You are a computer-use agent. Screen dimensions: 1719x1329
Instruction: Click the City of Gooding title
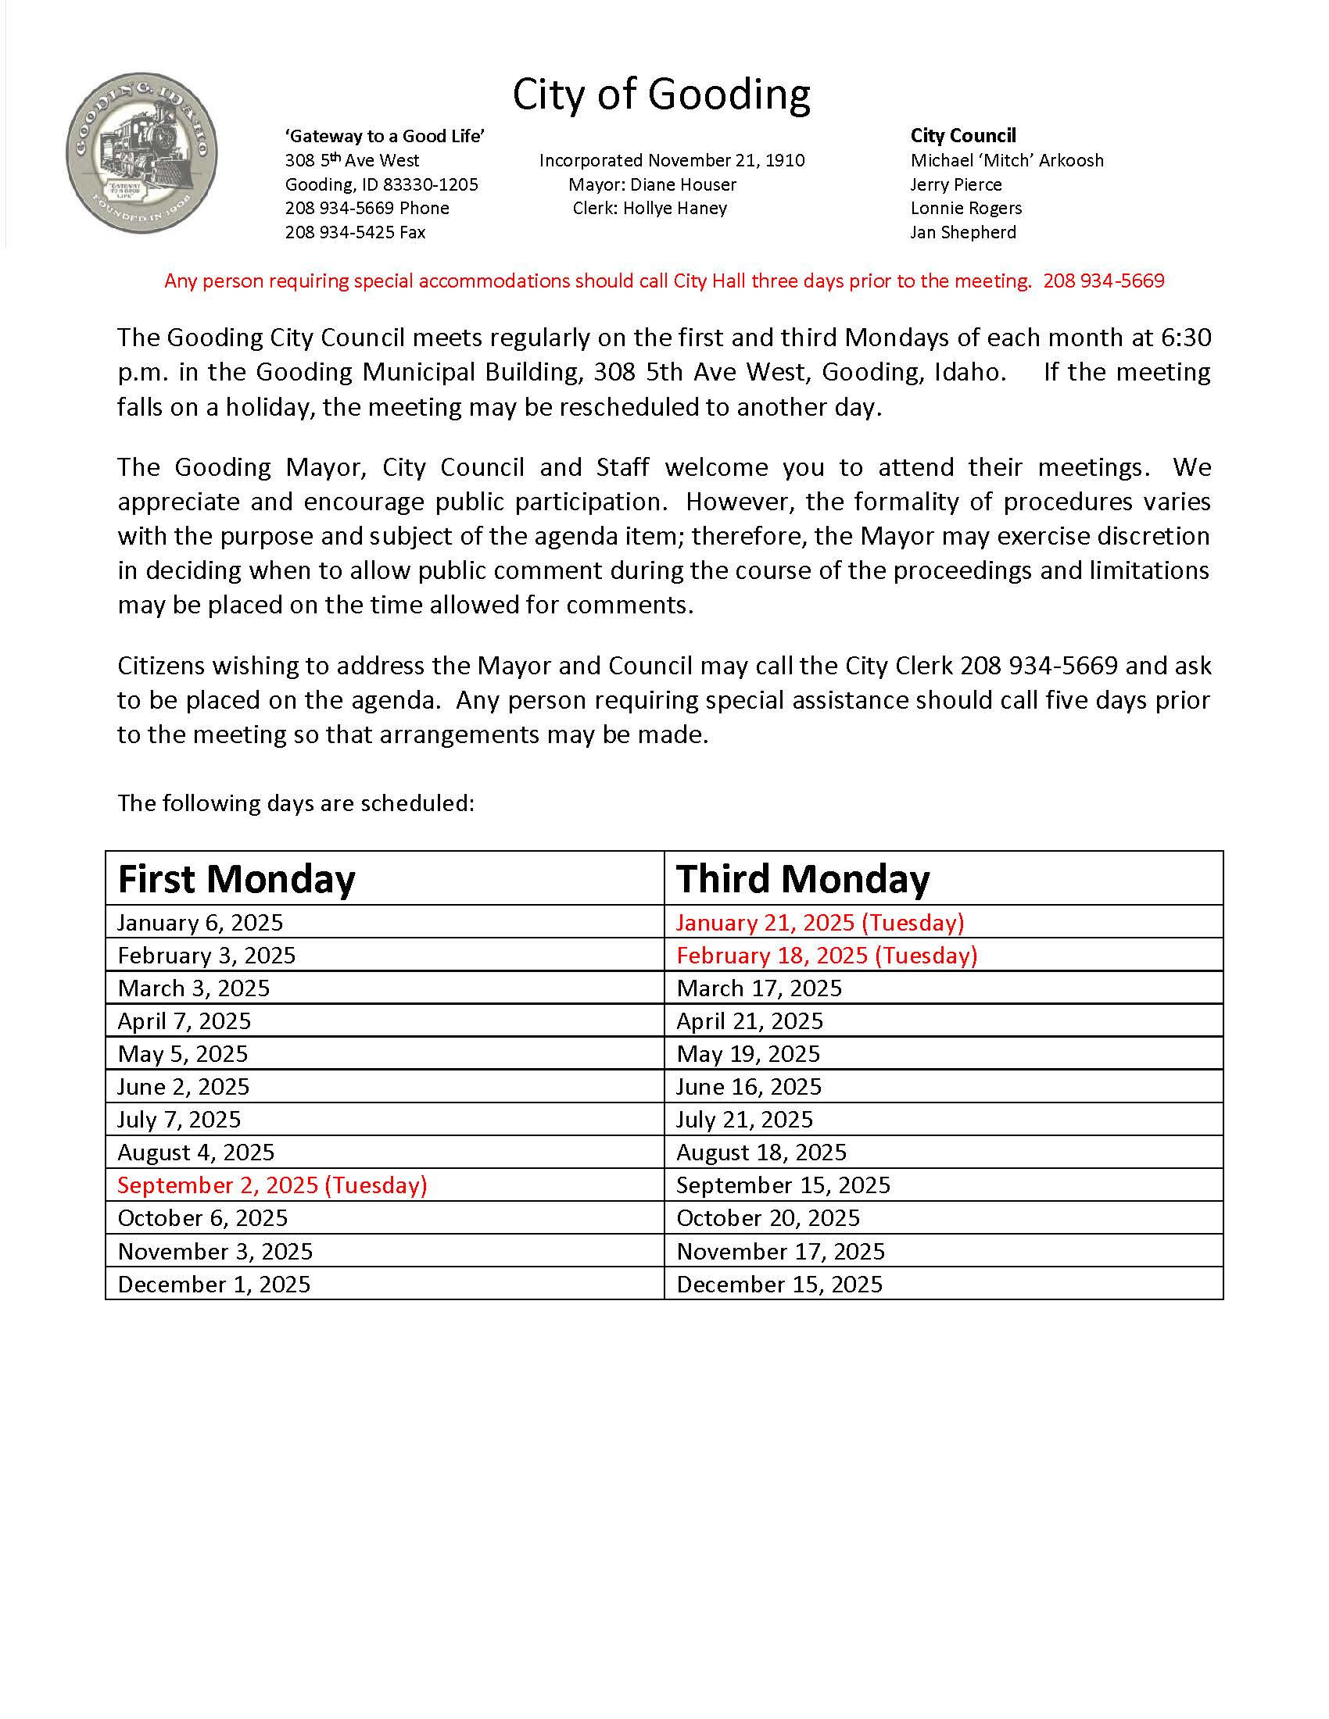pos(661,95)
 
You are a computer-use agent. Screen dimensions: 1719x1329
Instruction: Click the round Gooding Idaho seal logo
pos(141,152)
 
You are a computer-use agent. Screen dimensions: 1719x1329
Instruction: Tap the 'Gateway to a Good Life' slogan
pos(384,136)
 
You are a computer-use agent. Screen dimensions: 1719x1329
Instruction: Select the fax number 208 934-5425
pos(355,232)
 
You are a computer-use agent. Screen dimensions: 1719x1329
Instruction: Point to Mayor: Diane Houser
pos(652,184)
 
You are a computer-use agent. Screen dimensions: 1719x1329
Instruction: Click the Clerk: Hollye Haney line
pos(650,208)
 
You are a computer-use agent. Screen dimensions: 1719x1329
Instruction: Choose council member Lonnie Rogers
pos(966,208)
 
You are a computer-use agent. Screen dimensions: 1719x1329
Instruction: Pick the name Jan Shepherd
pos(963,232)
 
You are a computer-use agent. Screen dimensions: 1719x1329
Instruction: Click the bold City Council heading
pos(963,136)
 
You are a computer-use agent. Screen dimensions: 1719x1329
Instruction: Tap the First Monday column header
pos(236,879)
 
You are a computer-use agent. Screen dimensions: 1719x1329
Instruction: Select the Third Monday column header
pos(803,879)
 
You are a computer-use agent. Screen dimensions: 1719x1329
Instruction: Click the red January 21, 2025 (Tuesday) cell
pos(819,923)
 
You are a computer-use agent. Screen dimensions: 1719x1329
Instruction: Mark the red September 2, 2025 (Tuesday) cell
pos(272,1185)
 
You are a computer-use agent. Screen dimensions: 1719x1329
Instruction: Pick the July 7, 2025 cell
pos(180,1119)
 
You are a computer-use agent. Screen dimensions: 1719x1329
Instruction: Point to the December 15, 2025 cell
pos(779,1285)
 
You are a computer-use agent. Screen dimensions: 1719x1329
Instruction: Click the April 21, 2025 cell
pos(750,1021)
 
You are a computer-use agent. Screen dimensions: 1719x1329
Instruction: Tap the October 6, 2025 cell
pos(203,1217)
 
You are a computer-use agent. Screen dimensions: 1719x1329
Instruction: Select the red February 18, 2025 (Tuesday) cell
pos(826,956)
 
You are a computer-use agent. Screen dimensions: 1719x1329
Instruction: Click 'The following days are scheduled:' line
pos(296,802)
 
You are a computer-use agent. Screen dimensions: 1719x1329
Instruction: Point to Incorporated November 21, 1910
pos(672,160)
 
